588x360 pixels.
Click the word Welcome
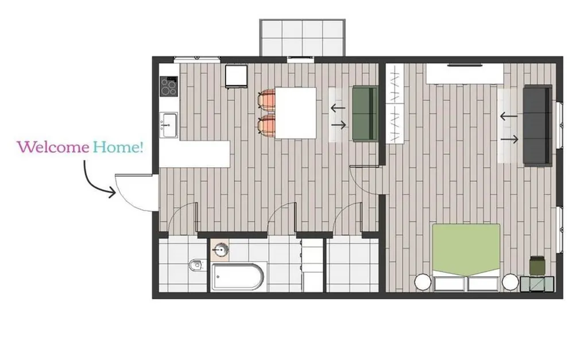tap(53, 146)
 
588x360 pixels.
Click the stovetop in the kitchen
tap(169, 86)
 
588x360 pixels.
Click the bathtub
tap(238, 277)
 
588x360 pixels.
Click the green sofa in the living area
tap(365, 114)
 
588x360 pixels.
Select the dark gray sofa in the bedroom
tap(537, 125)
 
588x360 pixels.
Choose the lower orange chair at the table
tap(266, 125)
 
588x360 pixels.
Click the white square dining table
tap(296, 113)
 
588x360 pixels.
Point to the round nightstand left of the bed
tap(423, 282)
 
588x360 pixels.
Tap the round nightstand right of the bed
tap(510, 282)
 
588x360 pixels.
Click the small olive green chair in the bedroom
tap(537, 265)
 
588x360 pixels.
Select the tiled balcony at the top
tap(302, 37)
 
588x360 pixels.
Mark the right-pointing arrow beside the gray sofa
tap(509, 140)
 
